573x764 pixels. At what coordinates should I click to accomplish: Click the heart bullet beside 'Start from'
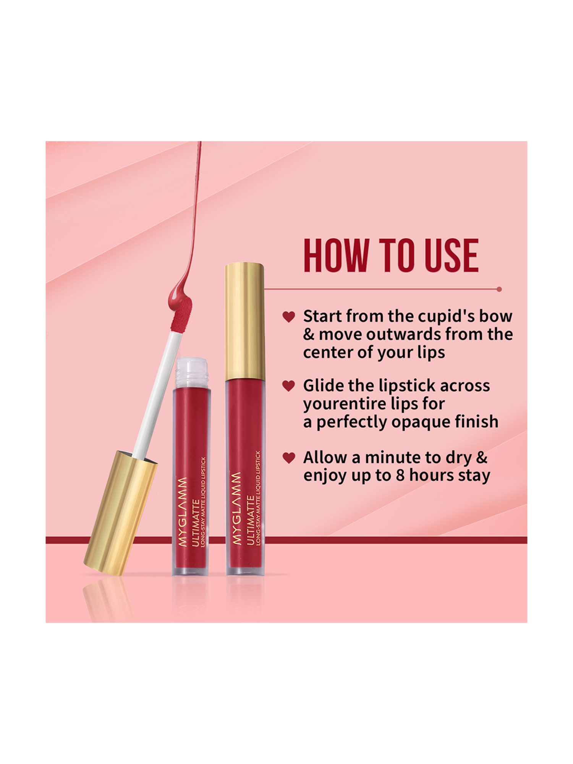coord(289,317)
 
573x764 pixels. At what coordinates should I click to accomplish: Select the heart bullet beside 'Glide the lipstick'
coord(289,386)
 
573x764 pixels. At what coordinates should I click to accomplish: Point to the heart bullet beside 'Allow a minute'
coord(289,458)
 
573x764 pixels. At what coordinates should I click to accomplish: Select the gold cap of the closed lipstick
coord(244,321)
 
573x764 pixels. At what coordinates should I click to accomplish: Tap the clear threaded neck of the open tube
coord(191,371)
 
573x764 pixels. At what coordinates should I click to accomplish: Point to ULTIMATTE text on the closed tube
coord(251,520)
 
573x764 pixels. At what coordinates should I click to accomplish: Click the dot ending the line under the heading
coord(499,290)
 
